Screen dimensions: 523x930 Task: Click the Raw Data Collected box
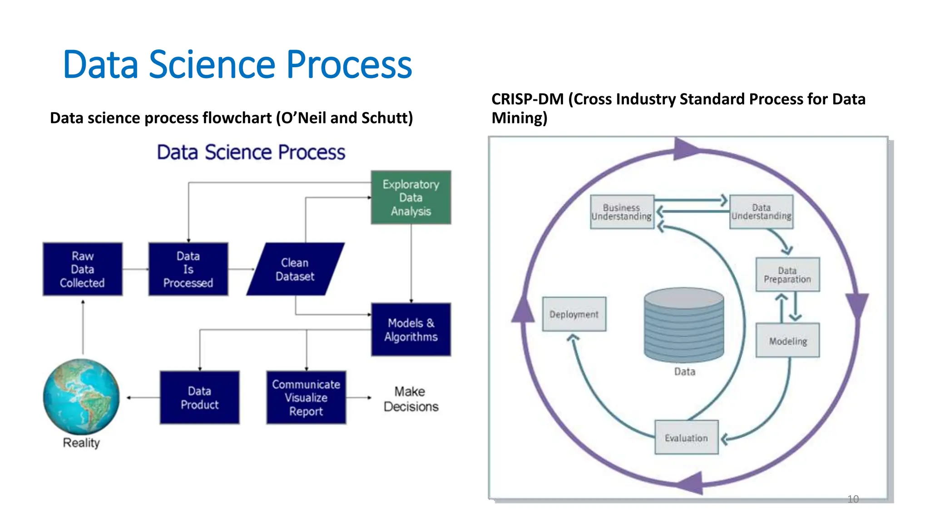pos(83,269)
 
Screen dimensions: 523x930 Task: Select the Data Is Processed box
pos(188,269)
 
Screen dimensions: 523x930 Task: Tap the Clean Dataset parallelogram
pos(295,269)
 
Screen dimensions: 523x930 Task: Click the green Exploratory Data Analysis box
pos(411,197)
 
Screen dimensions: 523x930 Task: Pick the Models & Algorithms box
pos(411,330)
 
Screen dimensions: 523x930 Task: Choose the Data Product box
pos(199,398)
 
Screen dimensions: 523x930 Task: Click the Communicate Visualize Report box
pos(306,398)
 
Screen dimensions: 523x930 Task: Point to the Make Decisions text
pos(411,399)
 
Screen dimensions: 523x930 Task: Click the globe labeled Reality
pos(81,397)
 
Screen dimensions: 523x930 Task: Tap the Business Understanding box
pos(622,212)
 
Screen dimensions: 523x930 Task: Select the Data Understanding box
pos(761,212)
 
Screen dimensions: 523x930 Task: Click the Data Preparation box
pos(787,275)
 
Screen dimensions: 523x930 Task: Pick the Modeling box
pos(787,340)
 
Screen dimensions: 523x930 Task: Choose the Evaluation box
pos(686,438)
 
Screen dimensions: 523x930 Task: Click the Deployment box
pos(574,314)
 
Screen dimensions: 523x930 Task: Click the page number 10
pos(853,499)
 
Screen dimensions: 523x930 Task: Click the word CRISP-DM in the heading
pos(527,99)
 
